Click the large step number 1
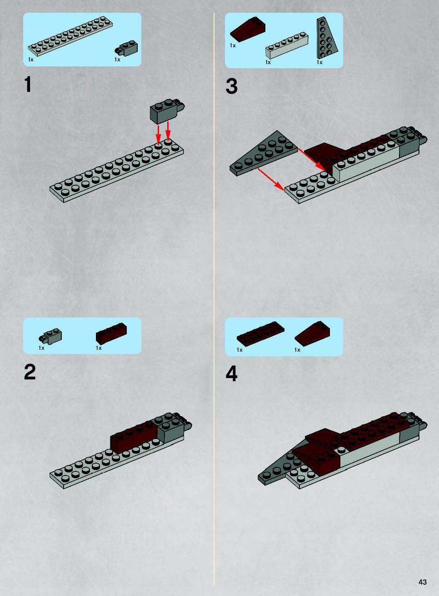coord(28,84)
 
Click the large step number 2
coord(30,372)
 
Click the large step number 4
coord(231,374)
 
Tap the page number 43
coord(423,582)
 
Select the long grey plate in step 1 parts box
coord(70,36)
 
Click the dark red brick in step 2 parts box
coord(111,333)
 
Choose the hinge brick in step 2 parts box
coord(50,336)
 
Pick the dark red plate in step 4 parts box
coord(260,333)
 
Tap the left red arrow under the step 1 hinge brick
coord(158,135)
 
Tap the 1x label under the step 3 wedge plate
coord(319,62)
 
